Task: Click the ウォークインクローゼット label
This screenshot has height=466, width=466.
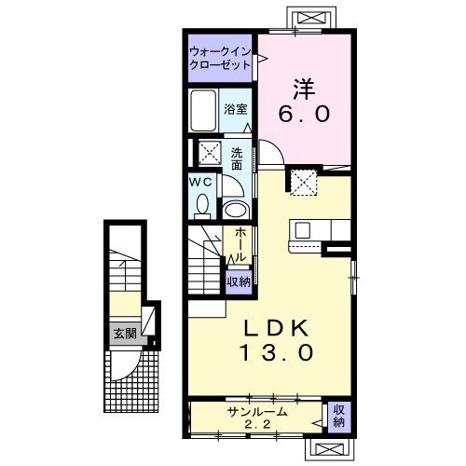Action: click(x=220, y=58)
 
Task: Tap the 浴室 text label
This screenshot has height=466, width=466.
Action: click(x=236, y=109)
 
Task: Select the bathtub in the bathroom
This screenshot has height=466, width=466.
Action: click(x=203, y=110)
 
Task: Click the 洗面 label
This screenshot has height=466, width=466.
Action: click(x=237, y=159)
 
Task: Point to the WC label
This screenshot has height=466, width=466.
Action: click(x=200, y=182)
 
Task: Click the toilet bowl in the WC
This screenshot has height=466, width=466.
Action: click(x=202, y=206)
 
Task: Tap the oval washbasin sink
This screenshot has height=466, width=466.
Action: click(x=237, y=211)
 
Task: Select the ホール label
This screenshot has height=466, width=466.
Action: click(x=240, y=245)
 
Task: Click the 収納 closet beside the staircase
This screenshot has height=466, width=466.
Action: click(x=239, y=282)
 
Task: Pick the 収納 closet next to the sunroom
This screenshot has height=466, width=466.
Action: click(x=339, y=418)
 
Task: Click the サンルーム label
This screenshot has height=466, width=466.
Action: click(x=256, y=412)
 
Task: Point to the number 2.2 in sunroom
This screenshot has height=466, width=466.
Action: click(x=257, y=424)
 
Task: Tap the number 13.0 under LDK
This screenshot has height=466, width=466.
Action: click(x=276, y=352)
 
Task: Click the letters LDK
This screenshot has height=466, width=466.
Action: click(x=276, y=328)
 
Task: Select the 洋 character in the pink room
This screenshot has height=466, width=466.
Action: click(x=304, y=89)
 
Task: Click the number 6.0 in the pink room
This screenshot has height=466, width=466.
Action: click(x=304, y=114)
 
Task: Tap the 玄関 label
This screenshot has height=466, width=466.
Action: click(x=125, y=334)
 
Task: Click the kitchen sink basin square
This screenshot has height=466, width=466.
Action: click(x=302, y=230)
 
